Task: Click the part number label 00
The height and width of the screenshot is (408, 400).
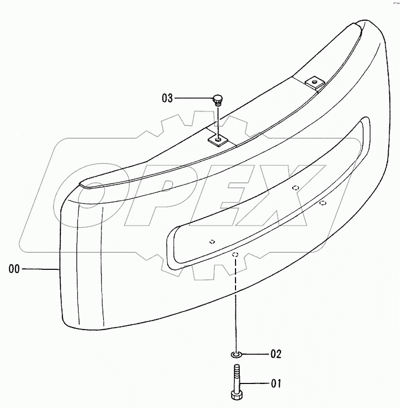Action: (14, 269)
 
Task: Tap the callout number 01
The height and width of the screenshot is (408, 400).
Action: (276, 383)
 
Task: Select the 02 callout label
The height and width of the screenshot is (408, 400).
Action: (276, 354)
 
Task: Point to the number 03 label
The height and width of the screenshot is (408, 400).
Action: (167, 98)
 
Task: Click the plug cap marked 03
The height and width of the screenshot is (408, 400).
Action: (217, 99)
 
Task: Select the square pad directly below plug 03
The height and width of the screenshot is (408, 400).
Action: (218, 141)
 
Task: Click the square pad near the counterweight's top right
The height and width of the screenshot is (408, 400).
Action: (314, 83)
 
